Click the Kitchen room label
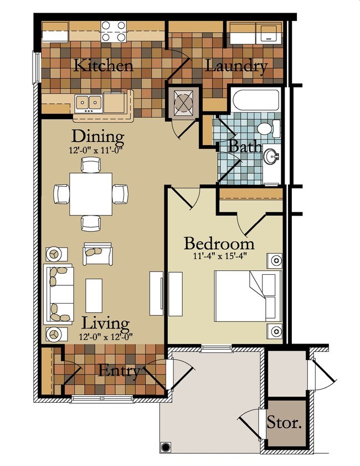coord(104,65)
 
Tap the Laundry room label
coord(236,66)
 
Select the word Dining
coord(98,136)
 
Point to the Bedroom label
coord(219,244)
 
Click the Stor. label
coord(285,424)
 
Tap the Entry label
coord(119,371)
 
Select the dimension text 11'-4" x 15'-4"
coord(219,257)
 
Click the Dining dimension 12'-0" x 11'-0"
coord(98,148)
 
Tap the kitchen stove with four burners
coord(114,31)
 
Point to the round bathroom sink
coord(271,157)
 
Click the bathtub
coord(255,101)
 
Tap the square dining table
coord(91,194)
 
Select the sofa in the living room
coord(59,294)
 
